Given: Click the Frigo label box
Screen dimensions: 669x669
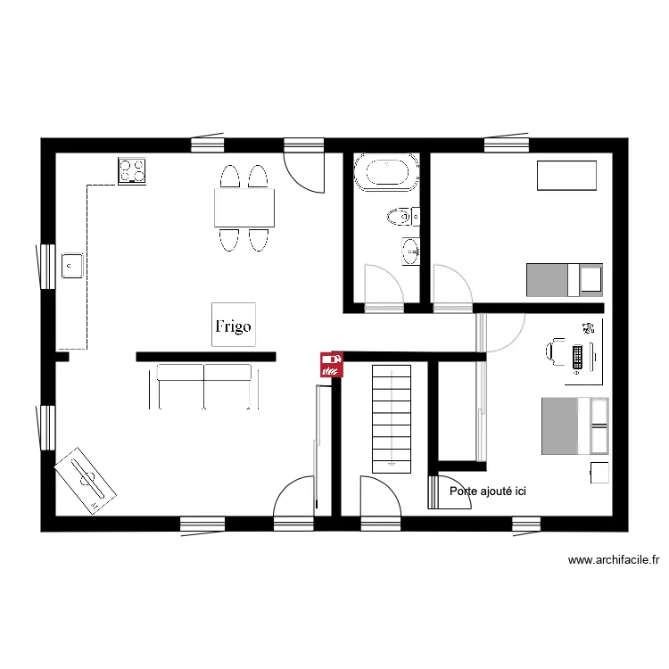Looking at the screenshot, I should (x=233, y=326).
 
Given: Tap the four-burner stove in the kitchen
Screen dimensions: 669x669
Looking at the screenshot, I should (x=132, y=170).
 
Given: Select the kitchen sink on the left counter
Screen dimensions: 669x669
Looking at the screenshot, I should (x=72, y=265).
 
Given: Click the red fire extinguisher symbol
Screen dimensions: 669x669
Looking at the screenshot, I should (x=332, y=364).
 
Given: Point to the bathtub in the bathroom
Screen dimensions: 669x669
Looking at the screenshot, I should (x=386, y=172).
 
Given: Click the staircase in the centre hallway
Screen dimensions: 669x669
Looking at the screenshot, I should (x=392, y=417).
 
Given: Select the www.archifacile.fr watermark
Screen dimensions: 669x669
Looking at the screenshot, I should (x=614, y=561).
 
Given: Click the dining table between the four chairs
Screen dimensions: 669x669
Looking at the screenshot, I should (x=244, y=207).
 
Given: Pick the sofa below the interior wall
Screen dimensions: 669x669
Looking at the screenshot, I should (x=204, y=384).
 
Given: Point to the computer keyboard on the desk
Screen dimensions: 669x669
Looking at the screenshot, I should (x=578, y=355).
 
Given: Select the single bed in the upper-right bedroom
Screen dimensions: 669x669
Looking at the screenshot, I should (x=564, y=279).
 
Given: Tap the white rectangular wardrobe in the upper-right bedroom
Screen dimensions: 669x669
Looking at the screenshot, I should (x=566, y=175).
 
